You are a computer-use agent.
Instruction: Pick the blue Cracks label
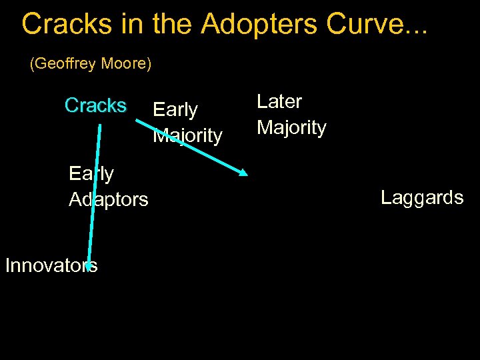click(x=95, y=105)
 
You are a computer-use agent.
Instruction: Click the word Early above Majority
click(x=175, y=109)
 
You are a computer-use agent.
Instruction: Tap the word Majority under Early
click(x=187, y=135)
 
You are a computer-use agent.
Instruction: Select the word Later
click(x=279, y=101)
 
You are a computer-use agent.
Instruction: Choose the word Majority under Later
click(x=291, y=127)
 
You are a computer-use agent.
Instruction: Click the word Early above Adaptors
click(x=91, y=173)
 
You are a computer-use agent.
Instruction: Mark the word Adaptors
click(x=109, y=199)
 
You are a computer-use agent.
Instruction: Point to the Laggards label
click(x=422, y=197)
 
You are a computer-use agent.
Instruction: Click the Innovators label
click(x=51, y=265)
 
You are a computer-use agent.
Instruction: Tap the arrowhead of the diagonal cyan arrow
click(x=243, y=173)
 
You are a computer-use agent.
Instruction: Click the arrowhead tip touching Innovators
click(x=88, y=267)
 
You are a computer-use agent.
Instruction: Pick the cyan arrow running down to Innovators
click(x=95, y=193)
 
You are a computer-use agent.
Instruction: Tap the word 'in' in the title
click(x=129, y=24)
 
